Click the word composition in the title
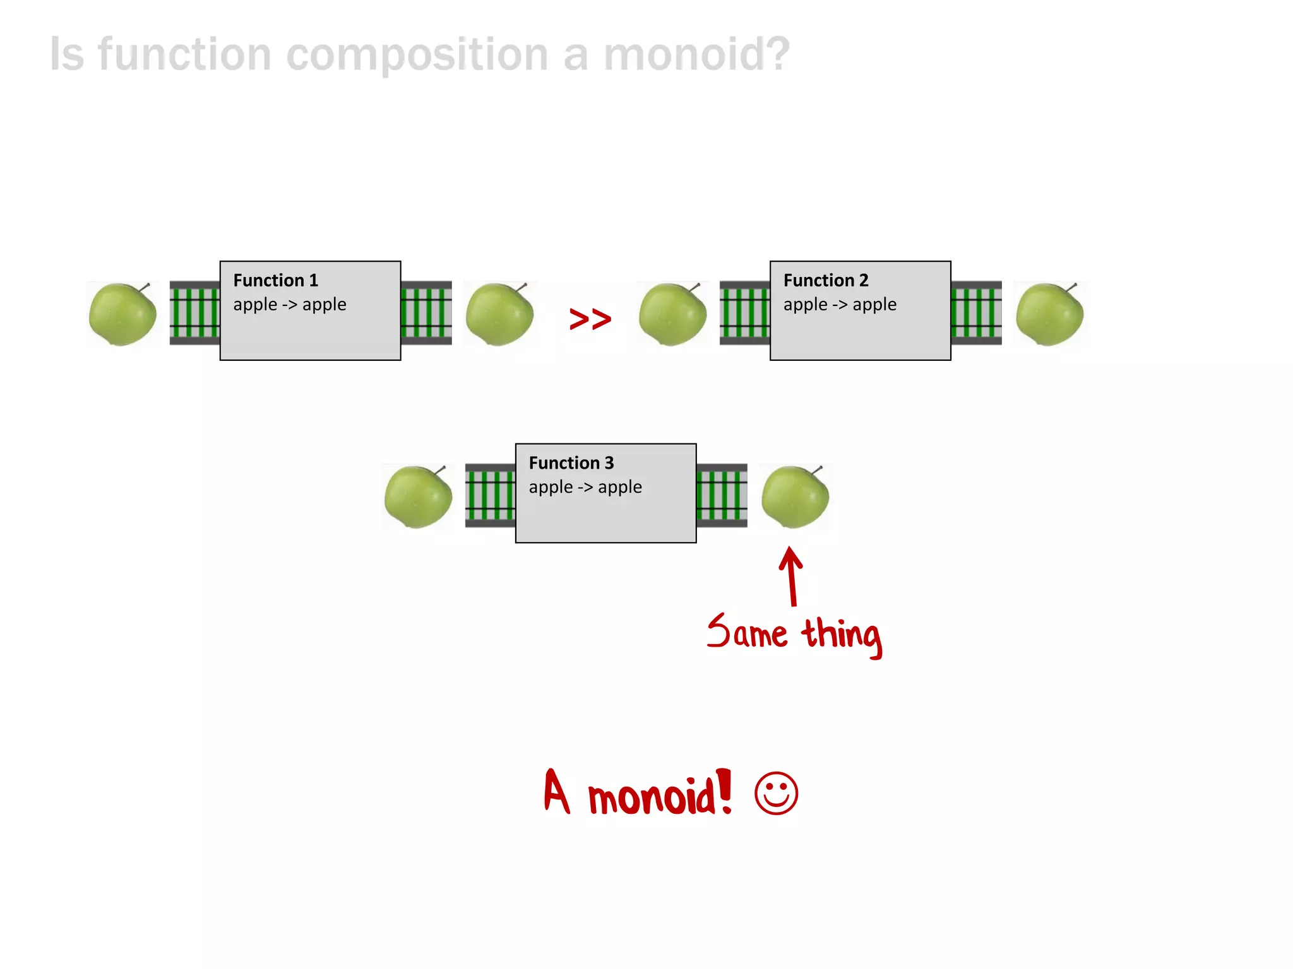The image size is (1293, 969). click(417, 54)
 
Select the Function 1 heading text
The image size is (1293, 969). click(275, 280)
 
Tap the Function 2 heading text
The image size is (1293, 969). click(825, 280)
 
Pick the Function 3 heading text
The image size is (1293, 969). click(571, 463)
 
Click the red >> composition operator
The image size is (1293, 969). click(590, 319)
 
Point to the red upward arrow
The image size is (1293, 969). click(791, 575)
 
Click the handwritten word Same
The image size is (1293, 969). click(747, 633)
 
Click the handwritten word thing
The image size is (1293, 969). click(842, 636)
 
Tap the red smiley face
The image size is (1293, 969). click(776, 793)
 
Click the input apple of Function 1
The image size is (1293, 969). click(122, 314)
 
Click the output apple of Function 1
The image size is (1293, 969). click(499, 314)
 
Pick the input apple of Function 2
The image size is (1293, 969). click(672, 314)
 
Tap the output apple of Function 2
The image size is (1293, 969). click(1049, 314)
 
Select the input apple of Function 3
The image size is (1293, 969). click(418, 496)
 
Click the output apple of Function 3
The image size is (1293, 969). click(795, 496)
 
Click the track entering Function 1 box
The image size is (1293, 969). click(194, 313)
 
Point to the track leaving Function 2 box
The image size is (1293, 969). click(976, 313)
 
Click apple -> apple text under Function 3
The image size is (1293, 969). click(585, 487)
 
